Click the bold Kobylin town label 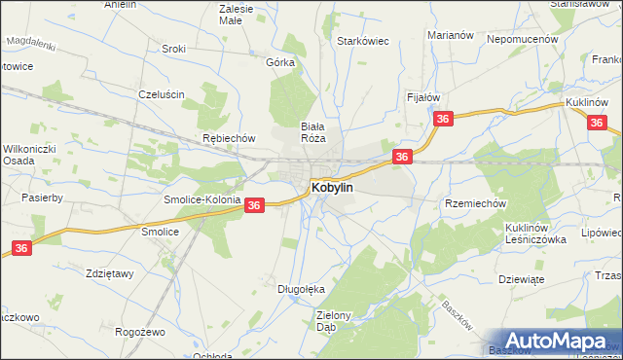pyautogui.click(x=332, y=186)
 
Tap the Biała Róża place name pyautogui.click(x=313, y=132)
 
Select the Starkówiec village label pyautogui.click(x=363, y=42)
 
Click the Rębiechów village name pyautogui.click(x=228, y=138)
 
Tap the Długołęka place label pyautogui.click(x=300, y=289)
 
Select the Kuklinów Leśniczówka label pyautogui.click(x=535, y=233)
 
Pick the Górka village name pyautogui.click(x=280, y=61)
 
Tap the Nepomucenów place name pyautogui.click(x=523, y=39)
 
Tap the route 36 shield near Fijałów pyautogui.click(x=443, y=119)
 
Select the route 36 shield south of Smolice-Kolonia pyautogui.click(x=253, y=205)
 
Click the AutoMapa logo pyautogui.click(x=559, y=340)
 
